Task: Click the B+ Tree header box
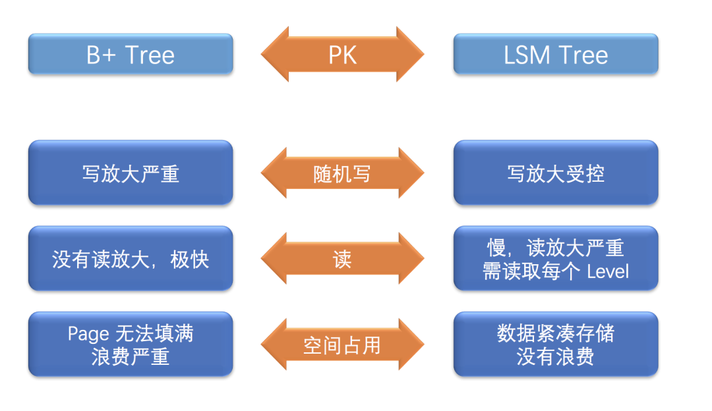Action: coord(131,54)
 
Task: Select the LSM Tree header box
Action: coord(556,54)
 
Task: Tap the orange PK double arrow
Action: coord(342,54)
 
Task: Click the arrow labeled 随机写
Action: coord(342,173)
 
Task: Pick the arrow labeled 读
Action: coord(342,259)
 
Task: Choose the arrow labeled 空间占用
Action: coord(342,344)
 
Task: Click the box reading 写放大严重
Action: coord(131,173)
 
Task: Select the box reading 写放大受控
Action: coord(556,173)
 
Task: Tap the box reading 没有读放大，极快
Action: coord(131,259)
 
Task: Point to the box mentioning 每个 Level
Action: coord(556,259)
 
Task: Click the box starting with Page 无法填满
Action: coord(131,344)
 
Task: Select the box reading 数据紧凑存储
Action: coord(556,344)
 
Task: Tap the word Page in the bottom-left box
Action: coord(88,333)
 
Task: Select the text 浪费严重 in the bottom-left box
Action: coord(131,356)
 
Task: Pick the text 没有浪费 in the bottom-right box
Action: coord(556,356)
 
